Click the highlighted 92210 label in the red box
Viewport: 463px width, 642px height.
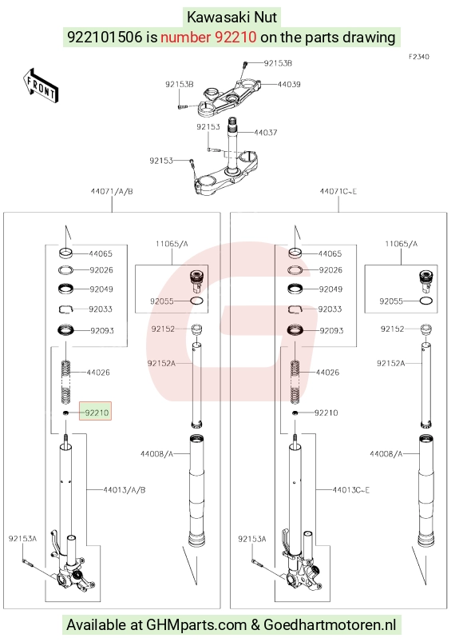pos(97,413)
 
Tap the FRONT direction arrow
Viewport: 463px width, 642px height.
pos(41,86)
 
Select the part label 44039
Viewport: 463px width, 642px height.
pos(289,84)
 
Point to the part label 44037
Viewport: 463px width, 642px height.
pos(266,132)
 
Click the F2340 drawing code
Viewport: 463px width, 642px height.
pos(419,57)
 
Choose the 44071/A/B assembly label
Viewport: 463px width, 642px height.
pos(112,191)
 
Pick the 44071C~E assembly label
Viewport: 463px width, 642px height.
pos(338,191)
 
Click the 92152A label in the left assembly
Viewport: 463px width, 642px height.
pos(161,363)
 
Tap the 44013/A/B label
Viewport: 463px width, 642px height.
pos(125,489)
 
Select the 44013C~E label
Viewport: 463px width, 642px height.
pos(351,489)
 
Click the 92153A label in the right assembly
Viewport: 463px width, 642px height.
pos(251,539)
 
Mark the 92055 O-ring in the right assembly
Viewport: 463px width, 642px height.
pos(426,301)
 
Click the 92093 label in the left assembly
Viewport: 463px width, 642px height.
pos(102,330)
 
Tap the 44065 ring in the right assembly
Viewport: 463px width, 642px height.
pos(295,253)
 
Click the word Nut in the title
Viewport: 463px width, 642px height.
pos(266,18)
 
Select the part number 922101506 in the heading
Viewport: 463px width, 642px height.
pos(105,38)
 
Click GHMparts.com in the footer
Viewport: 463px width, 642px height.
pos(196,624)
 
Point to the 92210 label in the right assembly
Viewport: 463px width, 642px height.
pos(326,413)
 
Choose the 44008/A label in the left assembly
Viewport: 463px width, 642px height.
pos(156,453)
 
